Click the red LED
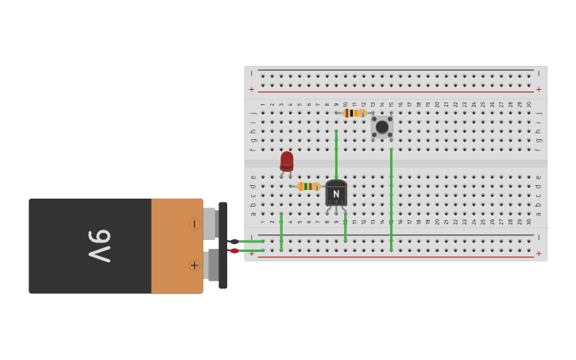pos(287,161)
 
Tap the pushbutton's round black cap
pos(382,126)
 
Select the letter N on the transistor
pos(336,194)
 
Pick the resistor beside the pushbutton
pos(354,113)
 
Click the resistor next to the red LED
pos(308,186)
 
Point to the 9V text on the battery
pos(99,246)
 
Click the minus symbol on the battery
pos(194,224)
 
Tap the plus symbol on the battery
pos(194,265)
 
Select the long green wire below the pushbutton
pos(391,199)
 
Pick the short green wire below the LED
pos(281,230)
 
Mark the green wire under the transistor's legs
pos(345,227)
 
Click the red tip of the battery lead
pos(234,251)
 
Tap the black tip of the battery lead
pos(234,242)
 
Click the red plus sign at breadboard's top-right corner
pos(539,89)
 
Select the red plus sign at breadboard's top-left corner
pos(252,89)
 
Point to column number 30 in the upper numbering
pos(529,104)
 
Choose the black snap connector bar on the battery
pos(223,245)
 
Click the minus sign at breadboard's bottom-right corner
pos(539,238)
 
